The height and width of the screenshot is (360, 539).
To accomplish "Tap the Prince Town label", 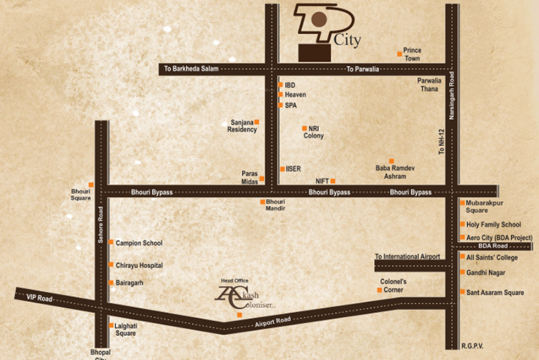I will click(412, 54).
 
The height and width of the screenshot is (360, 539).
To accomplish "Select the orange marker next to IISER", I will click(282, 168).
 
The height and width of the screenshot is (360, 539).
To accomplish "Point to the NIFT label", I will click(322, 181).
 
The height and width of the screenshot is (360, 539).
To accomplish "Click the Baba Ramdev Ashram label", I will click(391, 171).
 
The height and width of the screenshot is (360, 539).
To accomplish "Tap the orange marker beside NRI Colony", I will click(304, 128).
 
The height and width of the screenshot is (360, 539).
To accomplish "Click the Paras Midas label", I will click(250, 178).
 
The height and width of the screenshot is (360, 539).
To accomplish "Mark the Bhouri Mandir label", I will click(276, 205).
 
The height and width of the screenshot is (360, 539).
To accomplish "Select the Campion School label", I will click(139, 243).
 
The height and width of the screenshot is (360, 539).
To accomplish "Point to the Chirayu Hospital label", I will click(139, 266).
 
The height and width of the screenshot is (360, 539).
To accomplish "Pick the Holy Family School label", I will click(494, 225).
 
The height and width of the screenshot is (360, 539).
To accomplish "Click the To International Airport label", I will click(407, 257).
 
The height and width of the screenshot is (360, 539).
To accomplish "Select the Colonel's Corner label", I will click(393, 285).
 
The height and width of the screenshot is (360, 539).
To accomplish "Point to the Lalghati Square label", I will click(126, 329).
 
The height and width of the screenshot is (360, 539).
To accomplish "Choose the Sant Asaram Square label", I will click(495, 293).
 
